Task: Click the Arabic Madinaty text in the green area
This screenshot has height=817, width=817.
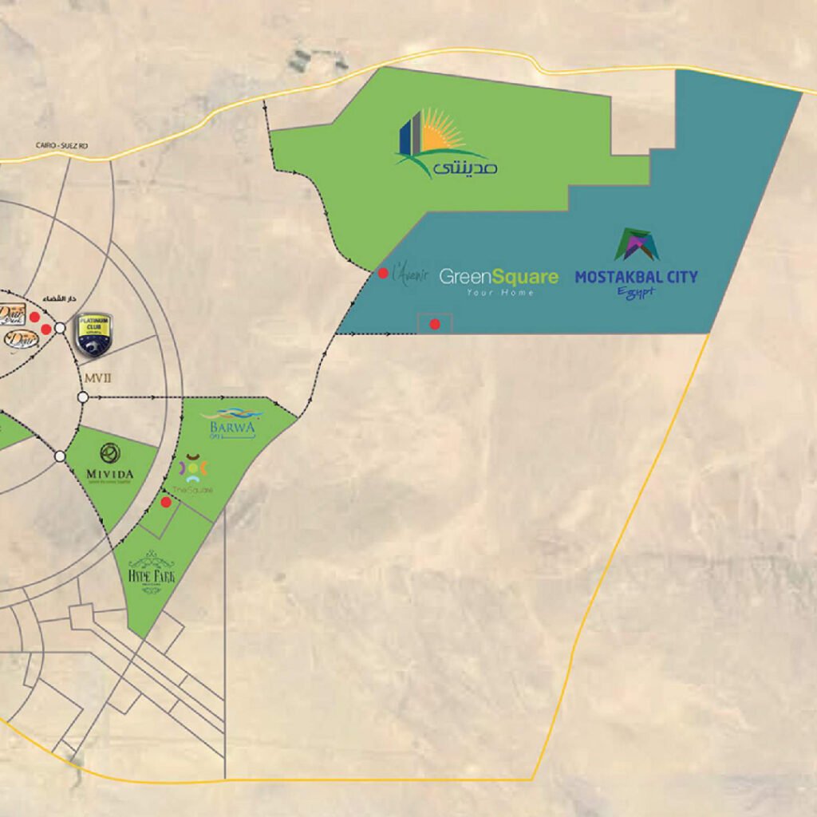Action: click(x=469, y=168)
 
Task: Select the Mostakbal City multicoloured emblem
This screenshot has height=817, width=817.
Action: click(x=636, y=245)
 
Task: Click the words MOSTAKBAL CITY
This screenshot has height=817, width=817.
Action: click(x=636, y=278)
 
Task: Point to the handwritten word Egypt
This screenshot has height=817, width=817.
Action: click(x=636, y=293)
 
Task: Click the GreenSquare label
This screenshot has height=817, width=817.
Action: click(x=499, y=277)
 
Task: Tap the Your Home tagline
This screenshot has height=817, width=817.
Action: click(x=500, y=293)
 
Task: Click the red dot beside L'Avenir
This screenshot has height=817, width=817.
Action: click(x=383, y=273)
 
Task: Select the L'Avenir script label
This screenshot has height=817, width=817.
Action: click(x=410, y=275)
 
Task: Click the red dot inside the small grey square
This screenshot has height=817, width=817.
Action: click(x=435, y=324)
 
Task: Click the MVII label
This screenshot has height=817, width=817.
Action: click(x=96, y=373)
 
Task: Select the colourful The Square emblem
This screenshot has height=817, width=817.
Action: click(x=193, y=468)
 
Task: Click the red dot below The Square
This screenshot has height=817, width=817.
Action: click(x=166, y=502)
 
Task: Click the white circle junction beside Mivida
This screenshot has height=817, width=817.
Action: click(x=60, y=456)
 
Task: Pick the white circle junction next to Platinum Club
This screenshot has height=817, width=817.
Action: click(x=60, y=327)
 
